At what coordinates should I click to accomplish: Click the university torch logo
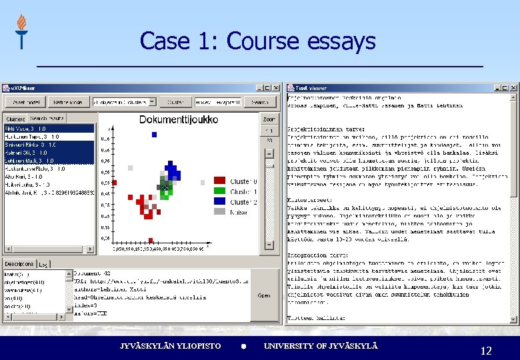click(21, 31)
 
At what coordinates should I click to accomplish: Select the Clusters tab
click(15, 118)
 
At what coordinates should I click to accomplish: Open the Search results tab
click(47, 118)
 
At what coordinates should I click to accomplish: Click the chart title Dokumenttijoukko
click(178, 120)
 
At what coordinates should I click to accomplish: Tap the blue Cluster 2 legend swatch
click(219, 201)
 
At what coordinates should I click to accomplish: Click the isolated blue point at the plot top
click(155, 134)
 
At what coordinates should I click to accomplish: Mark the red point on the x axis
click(151, 239)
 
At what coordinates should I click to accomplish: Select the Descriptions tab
click(18, 263)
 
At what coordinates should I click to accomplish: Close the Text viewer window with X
click(512, 87)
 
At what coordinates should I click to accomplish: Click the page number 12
click(485, 350)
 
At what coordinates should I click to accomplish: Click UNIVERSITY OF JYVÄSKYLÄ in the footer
click(321, 346)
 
